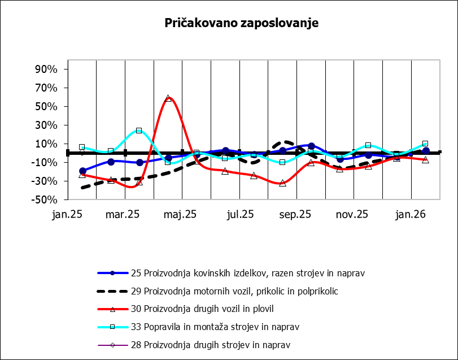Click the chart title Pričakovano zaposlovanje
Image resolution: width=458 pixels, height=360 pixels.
pos(242,23)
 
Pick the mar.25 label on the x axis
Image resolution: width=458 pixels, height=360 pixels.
pos(123,215)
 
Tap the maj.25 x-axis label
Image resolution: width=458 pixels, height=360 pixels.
pos(180,215)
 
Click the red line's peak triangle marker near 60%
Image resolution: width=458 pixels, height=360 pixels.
pos(168,98)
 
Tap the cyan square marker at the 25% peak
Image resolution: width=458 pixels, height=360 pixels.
pos(139,131)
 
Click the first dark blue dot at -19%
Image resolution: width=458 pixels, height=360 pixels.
pos(82,171)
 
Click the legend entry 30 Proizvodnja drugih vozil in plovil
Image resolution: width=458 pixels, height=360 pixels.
pos(210,309)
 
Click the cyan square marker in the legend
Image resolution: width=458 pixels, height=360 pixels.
pos(112,327)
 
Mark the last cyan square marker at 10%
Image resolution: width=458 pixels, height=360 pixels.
pos(425,144)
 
